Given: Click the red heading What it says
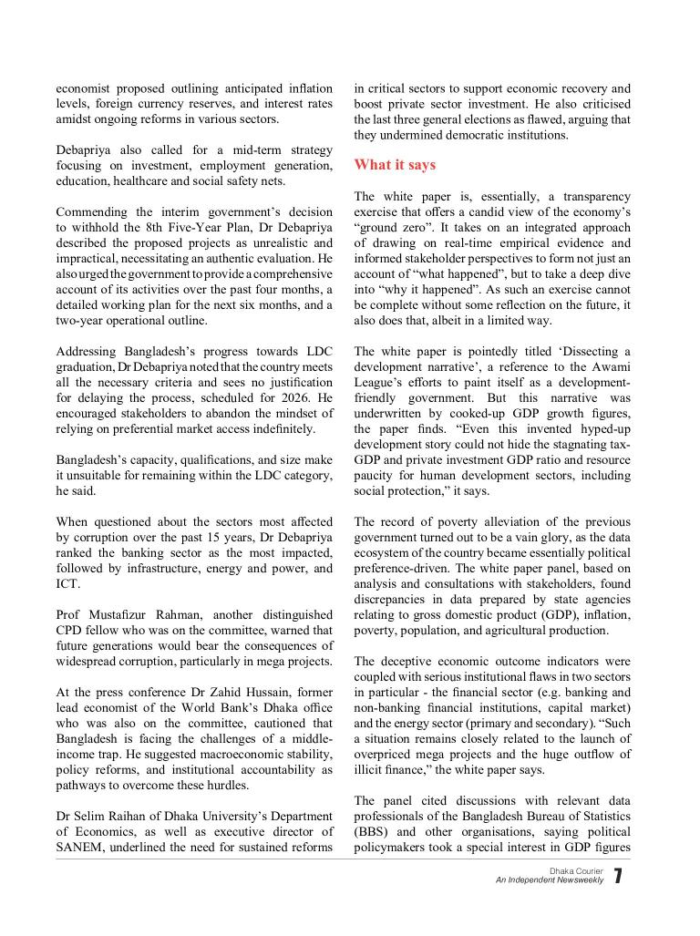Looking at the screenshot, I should coord(395,165).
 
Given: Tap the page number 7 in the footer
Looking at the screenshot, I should coord(618,877).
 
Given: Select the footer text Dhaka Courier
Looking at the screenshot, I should coord(576,871).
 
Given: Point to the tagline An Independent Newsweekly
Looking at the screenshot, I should coord(550,880).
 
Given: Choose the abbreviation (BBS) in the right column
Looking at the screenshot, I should coord(372,832).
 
